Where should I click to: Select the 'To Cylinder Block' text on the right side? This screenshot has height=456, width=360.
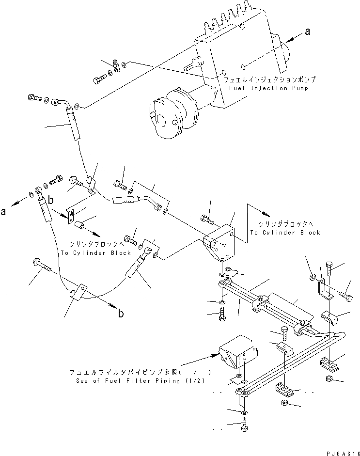285,233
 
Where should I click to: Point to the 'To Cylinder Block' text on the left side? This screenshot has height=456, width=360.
95,253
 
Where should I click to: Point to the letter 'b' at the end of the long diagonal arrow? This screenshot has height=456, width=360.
120,314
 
